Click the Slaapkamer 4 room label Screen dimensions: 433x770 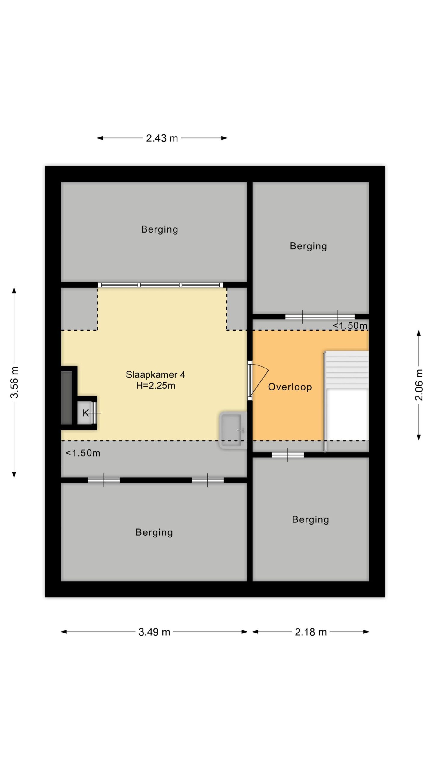click(155, 375)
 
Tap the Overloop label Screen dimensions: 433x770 click(290, 387)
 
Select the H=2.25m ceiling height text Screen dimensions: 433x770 click(155, 386)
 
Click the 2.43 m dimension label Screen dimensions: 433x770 click(162, 138)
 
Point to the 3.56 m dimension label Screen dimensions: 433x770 click(14, 382)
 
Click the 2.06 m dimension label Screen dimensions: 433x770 click(419, 385)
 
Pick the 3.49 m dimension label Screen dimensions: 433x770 click(154, 632)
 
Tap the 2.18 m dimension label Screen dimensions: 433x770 click(311, 632)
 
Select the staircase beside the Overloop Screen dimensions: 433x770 click(346, 401)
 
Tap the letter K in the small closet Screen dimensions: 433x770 click(86, 413)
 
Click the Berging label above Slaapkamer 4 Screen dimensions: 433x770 click(159, 229)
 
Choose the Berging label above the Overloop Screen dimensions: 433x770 click(308, 246)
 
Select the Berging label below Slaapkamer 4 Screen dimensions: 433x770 click(154, 533)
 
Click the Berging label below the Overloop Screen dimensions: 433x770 click(311, 520)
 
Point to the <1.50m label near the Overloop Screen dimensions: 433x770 click(350, 325)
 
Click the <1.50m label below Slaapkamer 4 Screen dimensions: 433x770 click(83, 453)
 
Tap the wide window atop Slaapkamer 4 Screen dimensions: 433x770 click(161, 285)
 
